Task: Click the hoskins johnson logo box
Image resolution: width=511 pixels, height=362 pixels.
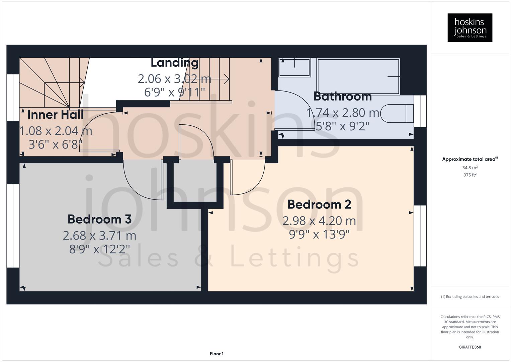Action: click(470, 27)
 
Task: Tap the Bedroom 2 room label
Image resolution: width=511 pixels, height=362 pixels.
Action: click(319, 204)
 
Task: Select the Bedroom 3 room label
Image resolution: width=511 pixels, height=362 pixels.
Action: click(99, 219)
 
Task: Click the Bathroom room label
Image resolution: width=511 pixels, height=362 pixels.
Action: click(343, 97)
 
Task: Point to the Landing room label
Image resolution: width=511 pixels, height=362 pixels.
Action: click(175, 63)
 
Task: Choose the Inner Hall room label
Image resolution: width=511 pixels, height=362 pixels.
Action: click(55, 115)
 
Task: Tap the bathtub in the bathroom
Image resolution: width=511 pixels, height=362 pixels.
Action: click(358, 77)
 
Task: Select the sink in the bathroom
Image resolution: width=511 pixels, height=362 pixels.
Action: click(294, 67)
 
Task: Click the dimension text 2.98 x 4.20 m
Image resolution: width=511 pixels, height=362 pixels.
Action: click(319, 221)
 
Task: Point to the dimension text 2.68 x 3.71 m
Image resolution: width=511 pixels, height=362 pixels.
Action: click(99, 236)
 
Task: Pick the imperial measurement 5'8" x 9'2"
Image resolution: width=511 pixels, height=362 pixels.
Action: click(343, 126)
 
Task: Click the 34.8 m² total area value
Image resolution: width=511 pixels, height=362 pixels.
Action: click(470, 168)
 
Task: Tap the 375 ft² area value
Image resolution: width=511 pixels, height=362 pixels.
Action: click(470, 175)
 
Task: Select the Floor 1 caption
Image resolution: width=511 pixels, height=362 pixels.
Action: click(217, 354)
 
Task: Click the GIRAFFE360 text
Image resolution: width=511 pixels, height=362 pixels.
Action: click(470, 347)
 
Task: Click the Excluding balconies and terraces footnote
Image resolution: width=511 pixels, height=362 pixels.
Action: click(470, 297)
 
